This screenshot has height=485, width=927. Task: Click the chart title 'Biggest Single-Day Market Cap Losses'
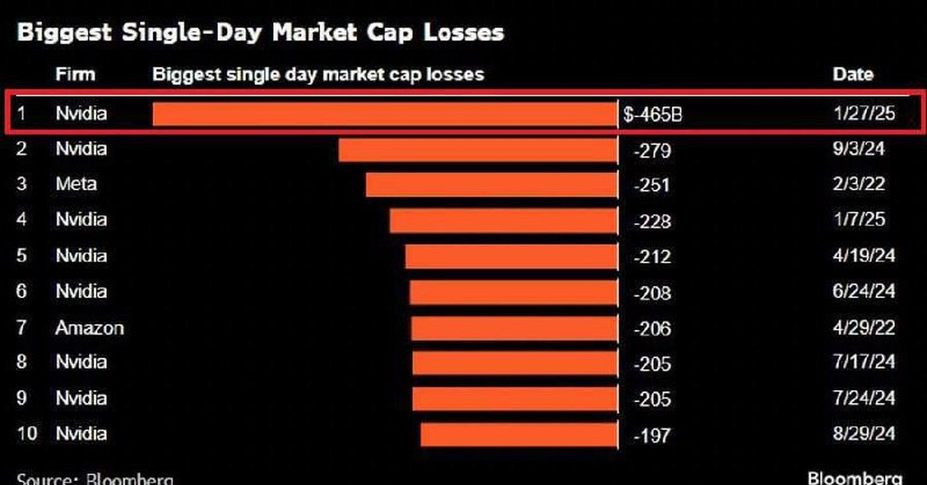coord(260,32)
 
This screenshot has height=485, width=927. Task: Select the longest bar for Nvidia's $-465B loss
coord(385,114)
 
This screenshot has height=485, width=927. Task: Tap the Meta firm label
coord(76,185)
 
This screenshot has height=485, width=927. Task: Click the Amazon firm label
coord(90,327)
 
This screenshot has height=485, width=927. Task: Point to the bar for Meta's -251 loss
coord(491,185)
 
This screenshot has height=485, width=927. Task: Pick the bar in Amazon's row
coord(514,327)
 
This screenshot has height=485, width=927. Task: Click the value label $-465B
coord(654,115)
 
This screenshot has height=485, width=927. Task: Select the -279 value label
coord(652,150)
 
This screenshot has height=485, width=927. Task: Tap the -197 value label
coord(652,436)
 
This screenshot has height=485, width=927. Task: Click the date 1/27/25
coord(864,114)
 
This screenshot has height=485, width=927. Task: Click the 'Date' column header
coord(853,75)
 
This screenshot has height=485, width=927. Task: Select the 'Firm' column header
coord(75,75)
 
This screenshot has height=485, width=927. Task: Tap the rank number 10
coord(26,434)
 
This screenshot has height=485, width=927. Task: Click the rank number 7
coord(22,327)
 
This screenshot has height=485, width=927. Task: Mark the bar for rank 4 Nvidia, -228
coord(503,220)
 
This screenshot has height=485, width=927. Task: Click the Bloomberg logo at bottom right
coord(854,477)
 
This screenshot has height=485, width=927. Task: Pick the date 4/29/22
coord(864,327)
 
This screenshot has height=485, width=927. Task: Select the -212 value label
coord(652,256)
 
